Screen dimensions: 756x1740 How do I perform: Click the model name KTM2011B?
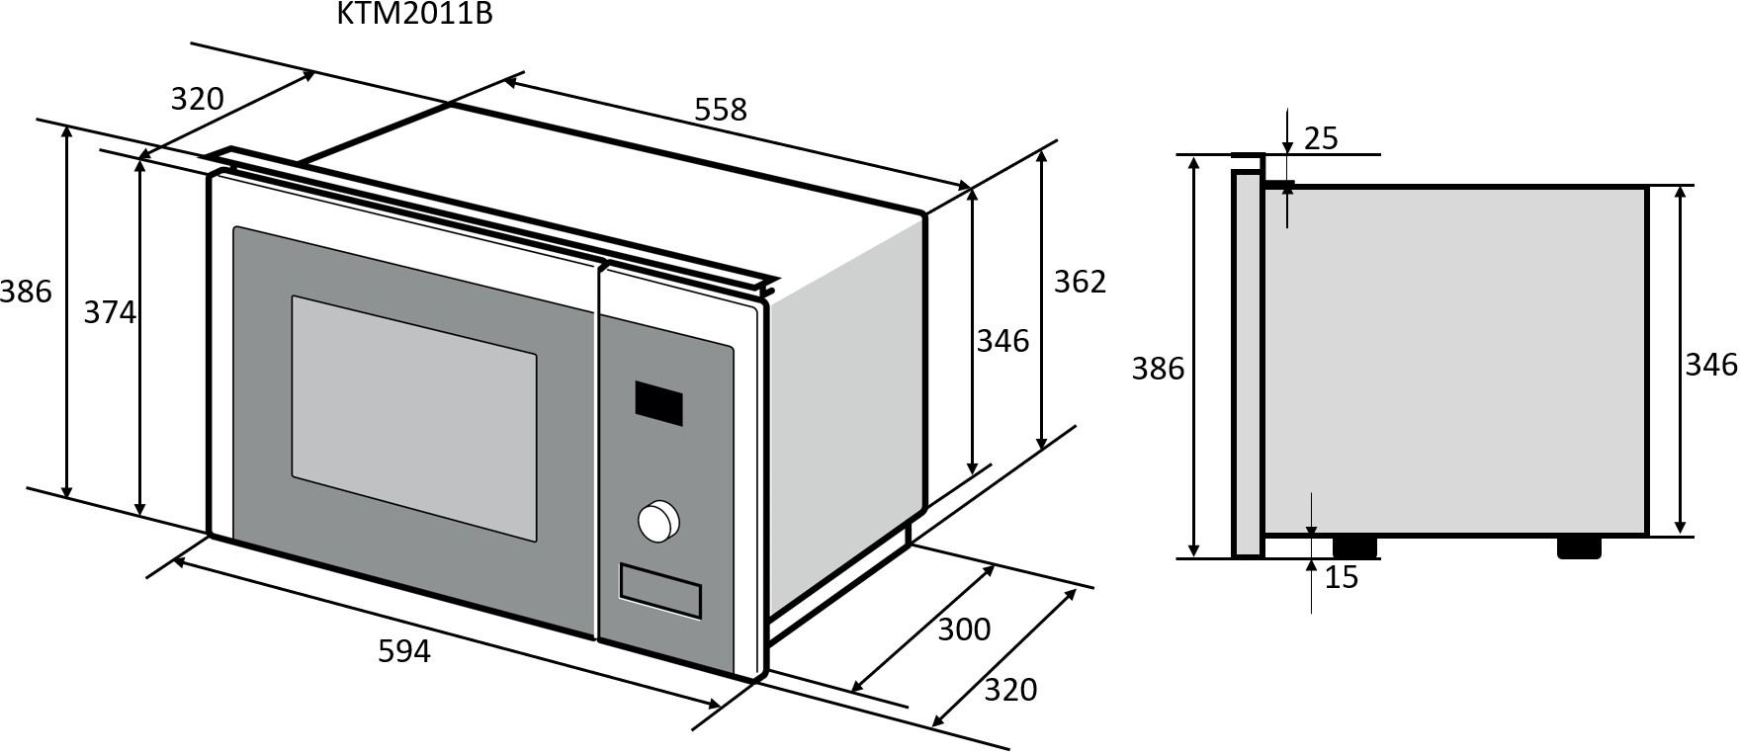tap(414, 14)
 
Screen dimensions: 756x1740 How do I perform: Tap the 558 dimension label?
tap(720, 110)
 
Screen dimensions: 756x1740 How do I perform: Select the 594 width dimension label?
tap(404, 651)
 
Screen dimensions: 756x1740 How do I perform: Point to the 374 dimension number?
tap(109, 312)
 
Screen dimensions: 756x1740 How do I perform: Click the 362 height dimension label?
tap(1079, 282)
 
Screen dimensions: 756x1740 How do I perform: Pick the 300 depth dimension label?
tap(963, 629)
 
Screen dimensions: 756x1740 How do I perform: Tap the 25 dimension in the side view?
tap(1321, 138)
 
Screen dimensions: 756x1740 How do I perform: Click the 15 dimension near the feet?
tap(1341, 577)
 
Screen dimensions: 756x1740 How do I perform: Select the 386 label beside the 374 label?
tap(26, 292)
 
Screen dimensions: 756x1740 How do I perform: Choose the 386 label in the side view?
tap(1158, 369)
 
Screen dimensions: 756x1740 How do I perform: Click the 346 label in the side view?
tap(1711, 365)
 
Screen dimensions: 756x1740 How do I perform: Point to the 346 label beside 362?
tap(1002, 341)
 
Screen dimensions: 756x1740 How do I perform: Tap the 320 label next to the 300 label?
tap(1010, 690)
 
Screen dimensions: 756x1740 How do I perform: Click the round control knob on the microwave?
tap(657, 521)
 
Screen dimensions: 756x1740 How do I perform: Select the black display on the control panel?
tap(658, 402)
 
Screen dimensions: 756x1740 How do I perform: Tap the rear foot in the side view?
tap(1578, 546)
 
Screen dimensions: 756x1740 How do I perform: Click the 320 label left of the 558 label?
tap(198, 99)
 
